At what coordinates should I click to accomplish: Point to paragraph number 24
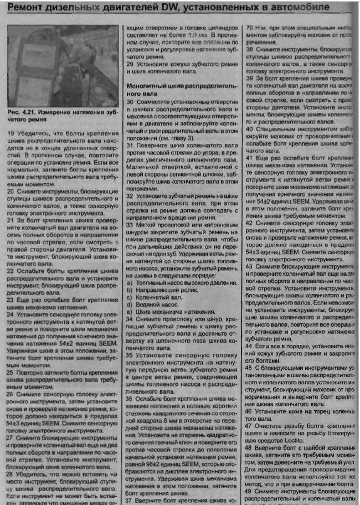click(x=11, y=314)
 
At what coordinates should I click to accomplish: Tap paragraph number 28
click(x=11, y=474)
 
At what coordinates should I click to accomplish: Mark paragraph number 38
click(x=249, y=48)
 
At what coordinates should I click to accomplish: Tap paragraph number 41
click(x=249, y=158)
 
